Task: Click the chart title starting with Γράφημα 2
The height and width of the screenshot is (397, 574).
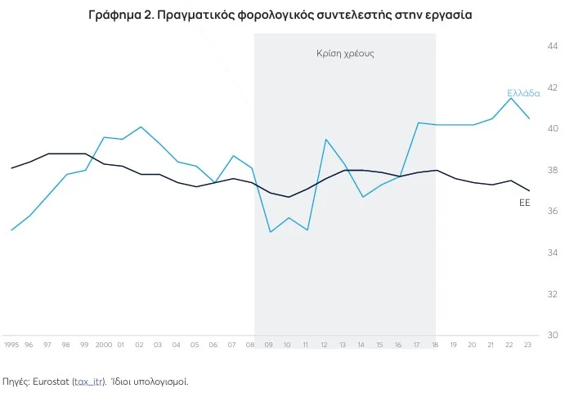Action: pyautogui.click(x=279, y=16)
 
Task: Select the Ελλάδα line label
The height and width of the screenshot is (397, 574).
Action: pyautogui.click(x=523, y=93)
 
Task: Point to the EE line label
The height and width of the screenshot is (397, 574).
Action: pyautogui.click(x=525, y=202)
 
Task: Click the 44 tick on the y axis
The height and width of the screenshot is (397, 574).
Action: pyautogui.click(x=553, y=47)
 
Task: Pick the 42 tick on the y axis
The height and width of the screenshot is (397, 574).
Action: pyautogui.click(x=553, y=87)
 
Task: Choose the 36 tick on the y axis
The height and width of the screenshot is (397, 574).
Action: pyautogui.click(x=553, y=212)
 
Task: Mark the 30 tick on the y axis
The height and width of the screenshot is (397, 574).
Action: pyautogui.click(x=553, y=335)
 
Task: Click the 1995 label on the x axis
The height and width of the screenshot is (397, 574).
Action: pyautogui.click(x=11, y=346)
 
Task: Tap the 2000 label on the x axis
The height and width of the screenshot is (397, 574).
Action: pyautogui.click(x=104, y=346)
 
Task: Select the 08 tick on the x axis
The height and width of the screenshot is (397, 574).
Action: pyautogui.click(x=250, y=346)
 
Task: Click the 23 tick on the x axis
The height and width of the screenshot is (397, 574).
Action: pyautogui.click(x=528, y=346)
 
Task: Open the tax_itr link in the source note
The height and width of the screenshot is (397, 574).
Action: pyautogui.click(x=89, y=381)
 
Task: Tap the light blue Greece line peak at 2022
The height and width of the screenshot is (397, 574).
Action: pyautogui.click(x=511, y=98)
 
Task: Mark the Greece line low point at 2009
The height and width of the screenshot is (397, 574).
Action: pyautogui.click(x=270, y=232)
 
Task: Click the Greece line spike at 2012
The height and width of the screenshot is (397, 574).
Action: pyautogui.click(x=325, y=140)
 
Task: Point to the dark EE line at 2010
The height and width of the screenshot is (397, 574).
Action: pyautogui.click(x=289, y=197)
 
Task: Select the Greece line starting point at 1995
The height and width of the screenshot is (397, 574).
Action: pyautogui.click(x=11, y=230)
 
